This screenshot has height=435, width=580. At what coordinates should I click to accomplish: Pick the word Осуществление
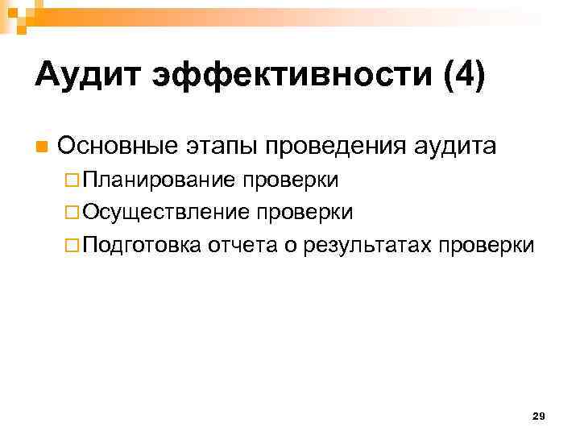click(x=165, y=212)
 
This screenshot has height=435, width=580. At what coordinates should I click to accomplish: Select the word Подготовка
click(x=141, y=244)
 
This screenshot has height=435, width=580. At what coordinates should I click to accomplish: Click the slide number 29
click(x=539, y=416)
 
